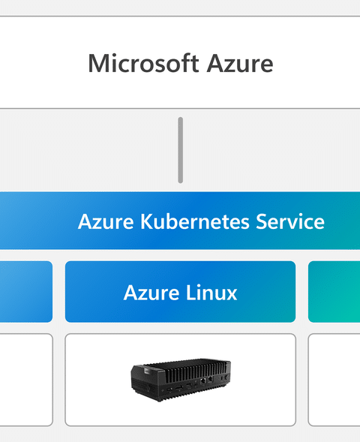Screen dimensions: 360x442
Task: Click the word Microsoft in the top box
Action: coord(144,63)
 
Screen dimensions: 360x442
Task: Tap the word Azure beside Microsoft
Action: coord(240,64)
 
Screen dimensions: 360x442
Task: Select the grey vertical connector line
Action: coord(180,150)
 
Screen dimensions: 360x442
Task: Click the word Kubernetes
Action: coord(195,221)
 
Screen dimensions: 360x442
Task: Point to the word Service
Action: coord(290,221)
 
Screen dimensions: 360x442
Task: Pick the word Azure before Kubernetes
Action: coord(106,221)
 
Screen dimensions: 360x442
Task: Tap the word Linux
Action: coord(211,293)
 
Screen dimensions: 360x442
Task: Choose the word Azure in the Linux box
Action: coord(151,293)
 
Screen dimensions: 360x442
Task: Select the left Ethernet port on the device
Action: coord(203,381)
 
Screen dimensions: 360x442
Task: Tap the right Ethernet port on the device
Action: coord(211,380)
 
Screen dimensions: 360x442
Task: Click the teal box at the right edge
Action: coord(334,292)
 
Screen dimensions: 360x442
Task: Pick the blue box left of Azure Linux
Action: coord(26,292)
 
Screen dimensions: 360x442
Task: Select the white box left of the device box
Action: coord(26,380)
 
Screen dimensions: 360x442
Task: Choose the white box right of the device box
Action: coord(334,380)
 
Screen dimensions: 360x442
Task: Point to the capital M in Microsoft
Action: coord(97,64)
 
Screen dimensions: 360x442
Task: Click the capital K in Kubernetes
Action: coord(146,221)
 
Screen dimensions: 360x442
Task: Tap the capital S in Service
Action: coord(262,221)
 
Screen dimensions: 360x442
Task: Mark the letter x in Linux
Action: coord(231,295)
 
